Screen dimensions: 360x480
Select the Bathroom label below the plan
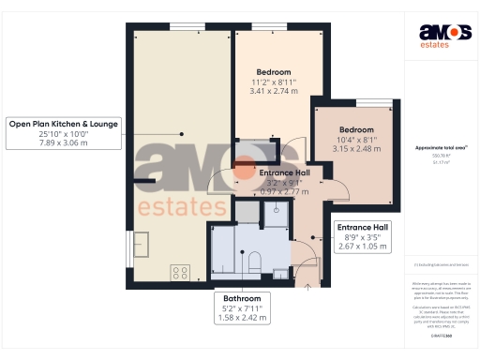pyautogui.click(x=235, y=297)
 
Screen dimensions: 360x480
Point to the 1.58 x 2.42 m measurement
pyautogui.click(x=235, y=318)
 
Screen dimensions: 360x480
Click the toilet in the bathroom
pyautogui.click(x=254, y=262)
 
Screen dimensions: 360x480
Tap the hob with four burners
pyautogui.click(x=179, y=273)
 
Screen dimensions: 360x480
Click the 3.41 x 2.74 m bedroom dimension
pyautogui.click(x=274, y=91)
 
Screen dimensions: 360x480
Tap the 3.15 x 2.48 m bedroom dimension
pyautogui.click(x=356, y=148)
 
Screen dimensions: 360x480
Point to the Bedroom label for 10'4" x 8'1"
pyautogui.click(x=356, y=129)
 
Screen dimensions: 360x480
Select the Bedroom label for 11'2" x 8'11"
pyautogui.click(x=274, y=72)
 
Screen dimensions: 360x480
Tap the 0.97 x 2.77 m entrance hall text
pyautogui.click(x=284, y=190)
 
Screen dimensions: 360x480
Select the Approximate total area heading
pyautogui.click(x=441, y=148)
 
